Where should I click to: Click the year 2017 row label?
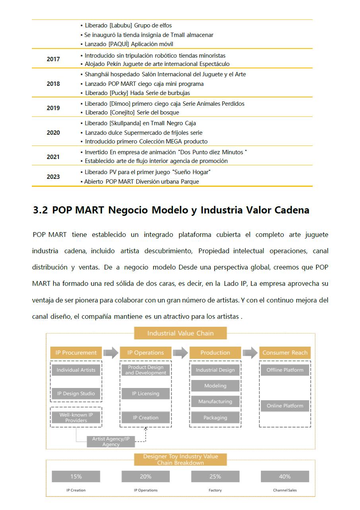point(53,59)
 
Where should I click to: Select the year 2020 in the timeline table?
point(53,132)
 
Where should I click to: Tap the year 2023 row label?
point(53,176)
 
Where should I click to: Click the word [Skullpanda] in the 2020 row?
point(125,123)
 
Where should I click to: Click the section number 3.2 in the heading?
point(41,210)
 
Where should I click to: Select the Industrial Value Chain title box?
point(180,333)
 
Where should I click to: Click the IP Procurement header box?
point(76,353)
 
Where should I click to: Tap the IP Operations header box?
point(146,353)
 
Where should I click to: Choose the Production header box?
point(215,353)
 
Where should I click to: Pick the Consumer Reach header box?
point(285,353)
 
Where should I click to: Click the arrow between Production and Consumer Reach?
point(250,353)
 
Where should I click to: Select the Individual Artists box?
point(76,370)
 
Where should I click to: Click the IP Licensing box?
point(146,394)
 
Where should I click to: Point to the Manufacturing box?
point(215,401)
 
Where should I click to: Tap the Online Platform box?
point(285,406)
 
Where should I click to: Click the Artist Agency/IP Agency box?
point(111,441)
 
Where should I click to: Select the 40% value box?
point(285,476)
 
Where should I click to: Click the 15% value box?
point(76,476)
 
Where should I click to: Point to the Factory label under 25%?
point(215,490)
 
